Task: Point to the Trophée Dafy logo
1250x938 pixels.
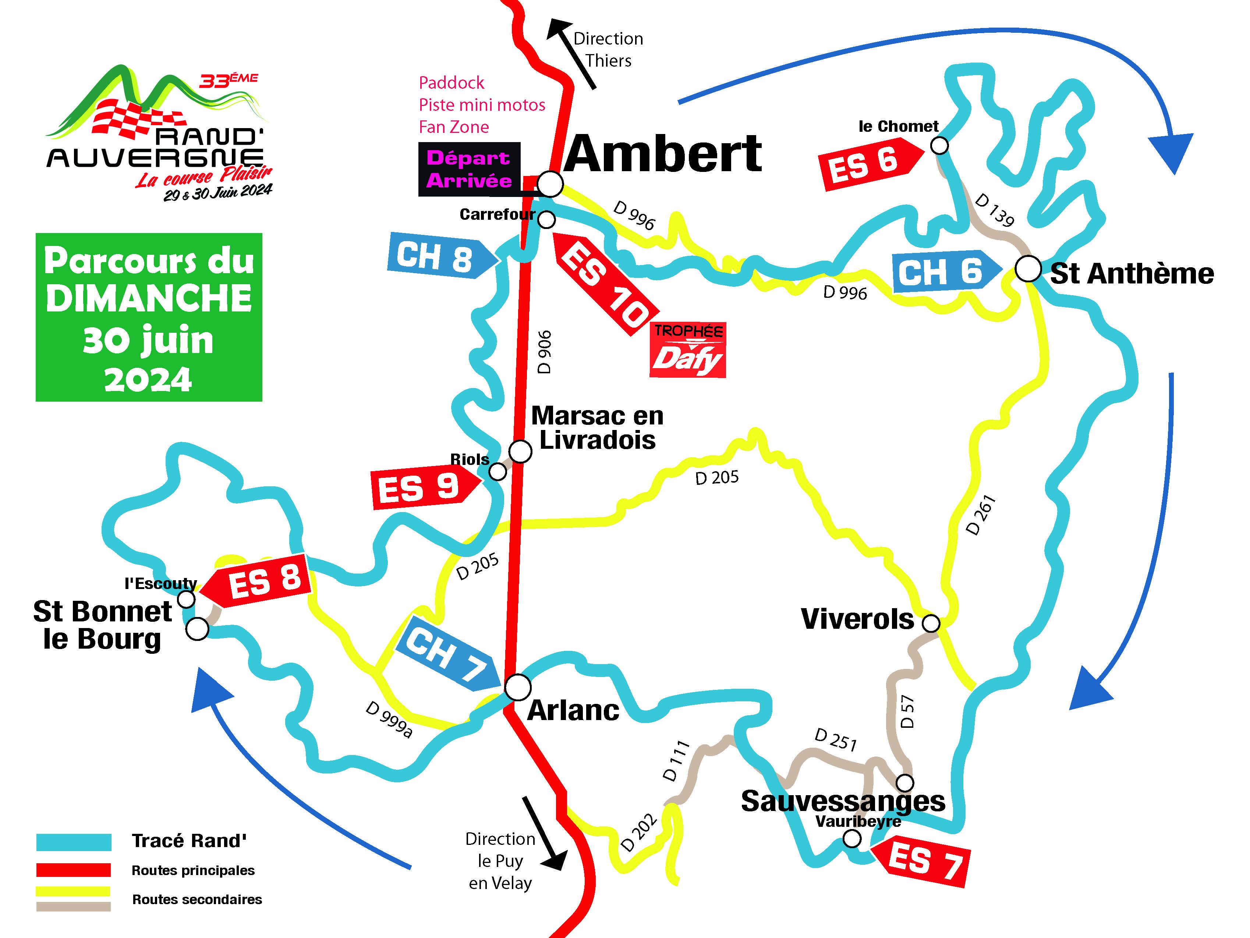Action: click(x=688, y=349)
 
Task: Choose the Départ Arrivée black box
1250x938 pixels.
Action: click(x=469, y=169)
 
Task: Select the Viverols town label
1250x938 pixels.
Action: click(x=857, y=619)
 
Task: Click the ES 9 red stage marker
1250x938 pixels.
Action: click(x=425, y=487)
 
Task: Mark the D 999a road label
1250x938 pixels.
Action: click(x=389, y=720)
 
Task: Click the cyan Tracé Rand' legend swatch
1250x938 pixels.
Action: click(x=74, y=842)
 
